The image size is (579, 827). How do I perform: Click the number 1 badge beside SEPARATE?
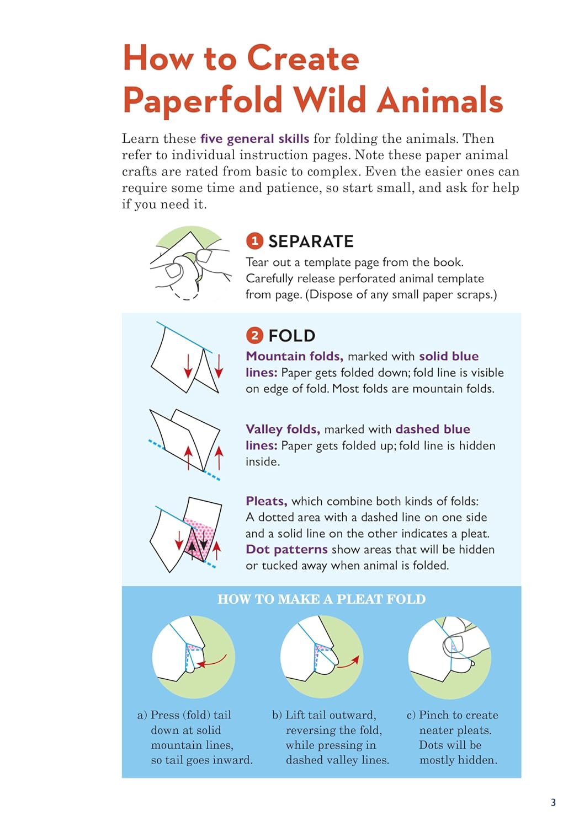point(254,241)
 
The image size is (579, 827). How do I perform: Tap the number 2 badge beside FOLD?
point(254,335)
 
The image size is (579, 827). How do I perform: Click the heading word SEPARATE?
point(311,241)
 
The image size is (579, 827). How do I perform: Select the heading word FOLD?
point(292,336)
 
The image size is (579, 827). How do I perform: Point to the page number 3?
point(553,802)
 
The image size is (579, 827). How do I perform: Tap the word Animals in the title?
point(440,100)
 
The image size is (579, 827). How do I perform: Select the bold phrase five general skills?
point(254,138)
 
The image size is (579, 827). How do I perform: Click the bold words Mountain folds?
point(295,356)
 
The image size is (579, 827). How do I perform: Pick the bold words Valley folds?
point(283,429)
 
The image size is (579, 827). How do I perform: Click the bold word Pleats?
point(267,501)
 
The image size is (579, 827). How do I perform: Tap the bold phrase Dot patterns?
point(286,549)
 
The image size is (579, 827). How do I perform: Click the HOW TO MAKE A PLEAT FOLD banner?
point(321,599)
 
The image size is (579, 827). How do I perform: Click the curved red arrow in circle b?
point(348,662)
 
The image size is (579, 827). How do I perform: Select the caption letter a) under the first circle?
point(142,715)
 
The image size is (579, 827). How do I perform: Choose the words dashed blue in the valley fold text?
point(433,429)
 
